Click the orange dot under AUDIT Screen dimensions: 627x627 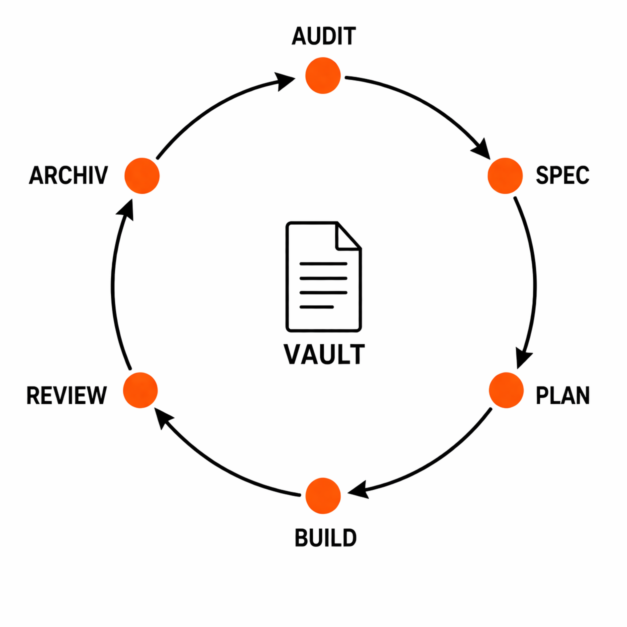(323, 75)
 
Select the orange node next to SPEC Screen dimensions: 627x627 (505, 175)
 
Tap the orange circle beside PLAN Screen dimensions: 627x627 (506, 390)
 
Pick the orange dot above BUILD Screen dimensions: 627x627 (323, 495)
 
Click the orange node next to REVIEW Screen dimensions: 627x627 (140, 390)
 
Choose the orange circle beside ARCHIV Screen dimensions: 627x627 (142, 175)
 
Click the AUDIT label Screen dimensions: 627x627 (323, 36)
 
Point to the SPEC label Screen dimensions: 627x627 (562, 175)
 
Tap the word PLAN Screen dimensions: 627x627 (562, 395)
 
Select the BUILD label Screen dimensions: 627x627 (325, 538)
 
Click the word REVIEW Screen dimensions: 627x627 (66, 395)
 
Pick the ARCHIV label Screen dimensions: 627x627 (68, 175)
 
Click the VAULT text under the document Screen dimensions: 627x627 (324, 354)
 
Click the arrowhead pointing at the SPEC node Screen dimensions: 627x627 (482, 149)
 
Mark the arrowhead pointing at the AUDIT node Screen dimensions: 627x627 (285, 80)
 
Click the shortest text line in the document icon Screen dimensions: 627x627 (316, 306)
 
